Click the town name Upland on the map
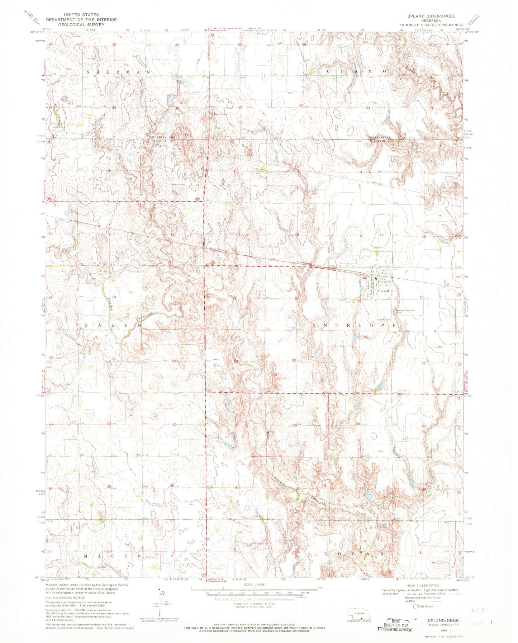tap(383, 291)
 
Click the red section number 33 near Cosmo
tap(367, 108)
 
